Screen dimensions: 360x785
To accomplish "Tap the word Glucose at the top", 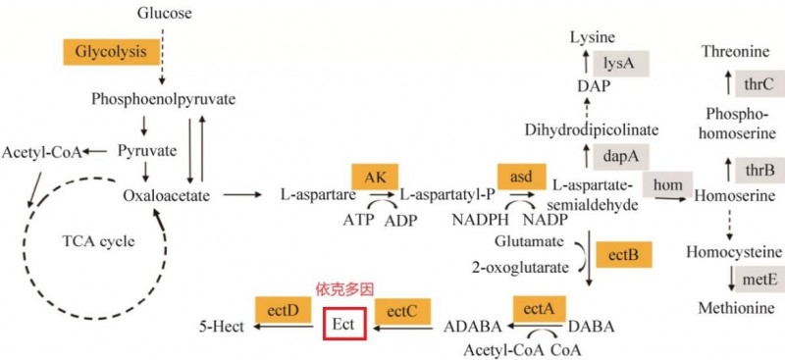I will tap(165, 13).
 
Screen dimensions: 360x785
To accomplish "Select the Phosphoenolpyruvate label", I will tap(163, 99).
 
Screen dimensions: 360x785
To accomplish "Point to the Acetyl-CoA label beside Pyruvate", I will tap(40, 152).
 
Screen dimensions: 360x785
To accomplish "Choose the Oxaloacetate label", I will tap(167, 195).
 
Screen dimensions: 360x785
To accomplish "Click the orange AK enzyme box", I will tap(375, 176).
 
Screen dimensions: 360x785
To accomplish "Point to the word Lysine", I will tap(594, 36).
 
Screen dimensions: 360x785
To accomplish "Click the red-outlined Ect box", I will tap(344, 324).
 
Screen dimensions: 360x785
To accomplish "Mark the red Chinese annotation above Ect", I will tap(344, 290).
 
